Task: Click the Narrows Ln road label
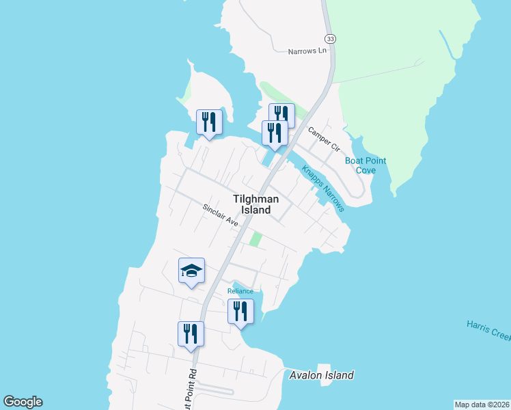pyautogui.click(x=307, y=51)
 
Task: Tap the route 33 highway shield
pyautogui.click(x=331, y=40)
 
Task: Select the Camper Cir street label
pyautogui.click(x=323, y=139)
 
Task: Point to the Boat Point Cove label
pyautogui.click(x=365, y=165)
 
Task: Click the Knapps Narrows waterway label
pyautogui.click(x=323, y=187)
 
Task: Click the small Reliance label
pyautogui.click(x=240, y=291)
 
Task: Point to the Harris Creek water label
pyautogui.click(x=488, y=328)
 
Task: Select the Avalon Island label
pyautogui.click(x=322, y=375)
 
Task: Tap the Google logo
pyautogui.click(x=23, y=402)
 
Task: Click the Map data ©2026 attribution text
pyautogui.click(x=482, y=405)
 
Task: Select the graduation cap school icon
pyautogui.click(x=191, y=271)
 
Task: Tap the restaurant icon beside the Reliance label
pyautogui.click(x=240, y=312)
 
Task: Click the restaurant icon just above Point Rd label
pyautogui.click(x=191, y=334)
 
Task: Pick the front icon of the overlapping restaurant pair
pyautogui.click(x=275, y=133)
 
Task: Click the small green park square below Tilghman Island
pyautogui.click(x=255, y=239)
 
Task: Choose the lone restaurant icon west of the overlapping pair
pyautogui.click(x=209, y=122)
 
